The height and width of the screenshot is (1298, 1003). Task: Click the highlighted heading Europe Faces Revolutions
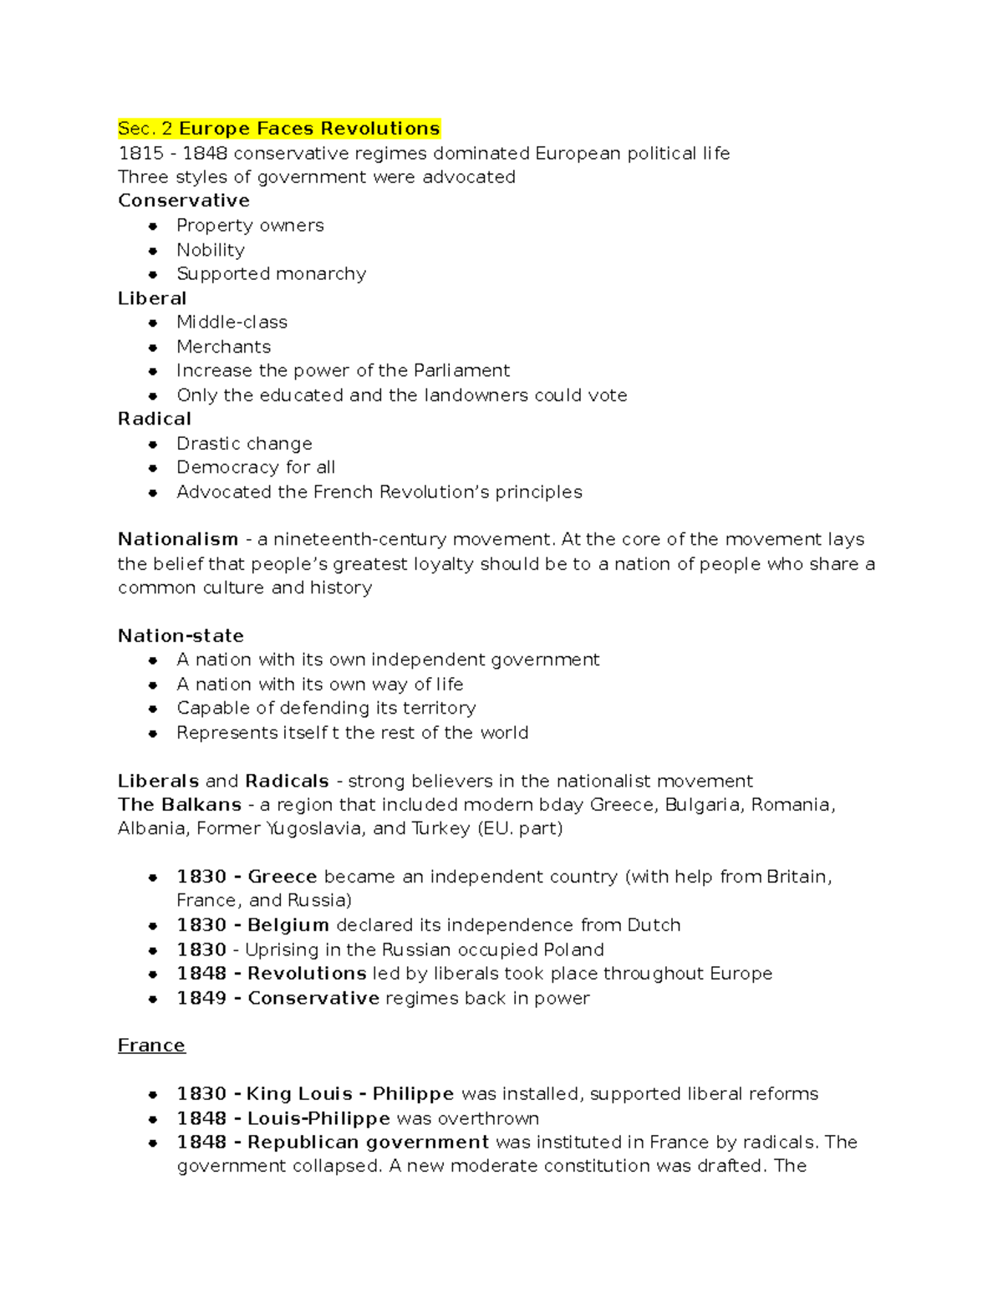(308, 129)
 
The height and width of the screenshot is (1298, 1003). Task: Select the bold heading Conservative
(183, 201)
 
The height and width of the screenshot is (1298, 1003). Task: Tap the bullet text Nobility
(210, 250)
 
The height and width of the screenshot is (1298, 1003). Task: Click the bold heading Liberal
(151, 298)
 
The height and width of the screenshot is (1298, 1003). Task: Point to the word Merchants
(223, 347)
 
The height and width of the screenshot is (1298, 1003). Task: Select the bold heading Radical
(154, 419)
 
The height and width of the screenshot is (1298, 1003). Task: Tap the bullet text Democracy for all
(255, 467)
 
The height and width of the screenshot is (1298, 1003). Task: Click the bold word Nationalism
(177, 539)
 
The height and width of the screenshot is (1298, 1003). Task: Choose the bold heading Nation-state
(181, 636)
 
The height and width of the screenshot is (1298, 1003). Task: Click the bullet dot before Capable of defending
(153, 709)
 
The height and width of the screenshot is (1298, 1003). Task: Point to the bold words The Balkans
(179, 805)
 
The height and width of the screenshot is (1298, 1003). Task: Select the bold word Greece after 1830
(282, 877)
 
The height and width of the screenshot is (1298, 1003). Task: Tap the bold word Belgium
(288, 925)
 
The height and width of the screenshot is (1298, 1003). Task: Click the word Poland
(573, 949)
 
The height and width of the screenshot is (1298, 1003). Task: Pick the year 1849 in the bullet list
(201, 998)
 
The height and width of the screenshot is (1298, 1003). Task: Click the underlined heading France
(151, 1046)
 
